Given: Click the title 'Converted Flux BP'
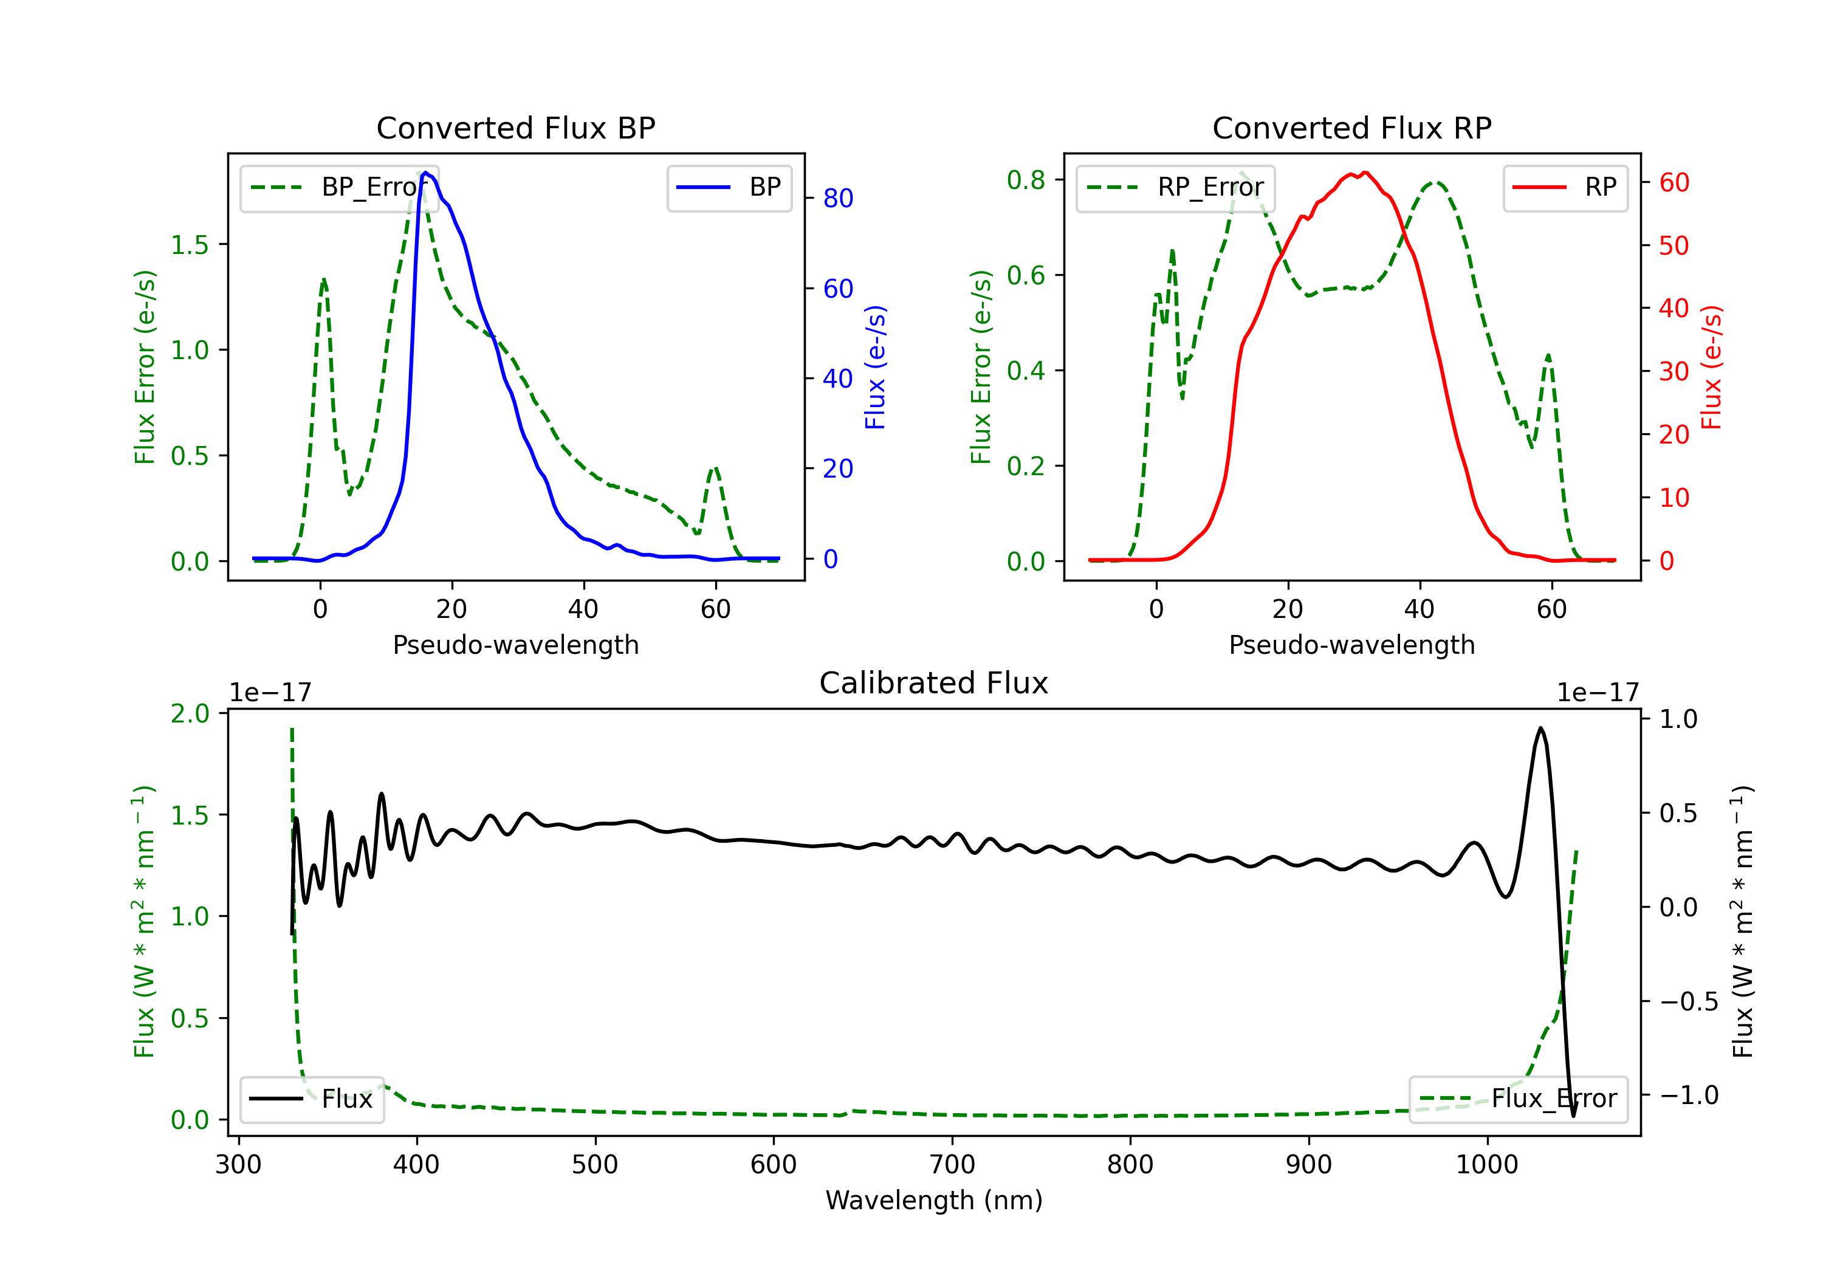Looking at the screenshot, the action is coord(515,128).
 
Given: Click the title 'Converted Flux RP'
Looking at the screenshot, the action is coord(1351,128).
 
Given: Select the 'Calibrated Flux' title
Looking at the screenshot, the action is coord(934,683).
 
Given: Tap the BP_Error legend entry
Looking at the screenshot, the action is coord(339,187).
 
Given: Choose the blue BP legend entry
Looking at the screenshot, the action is coord(729,187).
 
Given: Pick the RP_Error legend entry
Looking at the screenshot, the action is coord(1175,187).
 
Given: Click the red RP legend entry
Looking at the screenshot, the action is coord(1565,187).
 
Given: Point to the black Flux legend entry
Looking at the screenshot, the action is coord(311,1099).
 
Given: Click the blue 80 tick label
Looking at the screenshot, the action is coord(839,199).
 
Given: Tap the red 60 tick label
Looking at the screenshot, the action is coord(1675,183).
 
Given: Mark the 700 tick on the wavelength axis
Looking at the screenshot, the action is coord(952,1164).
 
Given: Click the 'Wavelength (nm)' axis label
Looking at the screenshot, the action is coord(934,1200).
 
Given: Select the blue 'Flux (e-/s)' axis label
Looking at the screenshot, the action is coord(875,367).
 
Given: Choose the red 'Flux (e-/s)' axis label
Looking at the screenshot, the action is coord(1711,367).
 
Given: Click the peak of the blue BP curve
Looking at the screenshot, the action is coord(425,173).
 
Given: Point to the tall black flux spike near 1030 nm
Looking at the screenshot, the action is coord(1540,728).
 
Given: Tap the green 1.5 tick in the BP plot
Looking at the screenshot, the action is coord(190,244).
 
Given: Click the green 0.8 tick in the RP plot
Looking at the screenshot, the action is coord(1026,180).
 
